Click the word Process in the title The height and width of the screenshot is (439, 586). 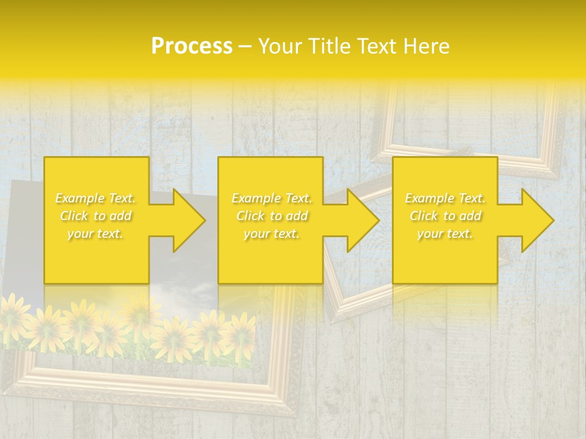coord(192,46)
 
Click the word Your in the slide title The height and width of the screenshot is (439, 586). coord(280,46)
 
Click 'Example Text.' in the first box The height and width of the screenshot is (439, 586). coord(96,198)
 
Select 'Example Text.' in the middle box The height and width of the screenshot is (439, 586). coord(271,198)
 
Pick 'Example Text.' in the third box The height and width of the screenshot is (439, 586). coord(445,198)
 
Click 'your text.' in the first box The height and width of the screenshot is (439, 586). coord(96,234)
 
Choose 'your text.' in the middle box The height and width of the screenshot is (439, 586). coord(271,234)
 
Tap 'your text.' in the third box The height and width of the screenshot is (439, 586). coord(445,234)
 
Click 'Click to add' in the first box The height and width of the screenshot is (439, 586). coord(96,216)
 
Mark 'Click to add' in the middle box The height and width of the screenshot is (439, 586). coord(271,216)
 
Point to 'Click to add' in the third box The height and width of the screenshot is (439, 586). coord(445,216)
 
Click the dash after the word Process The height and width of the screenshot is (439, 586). coord(245,47)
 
